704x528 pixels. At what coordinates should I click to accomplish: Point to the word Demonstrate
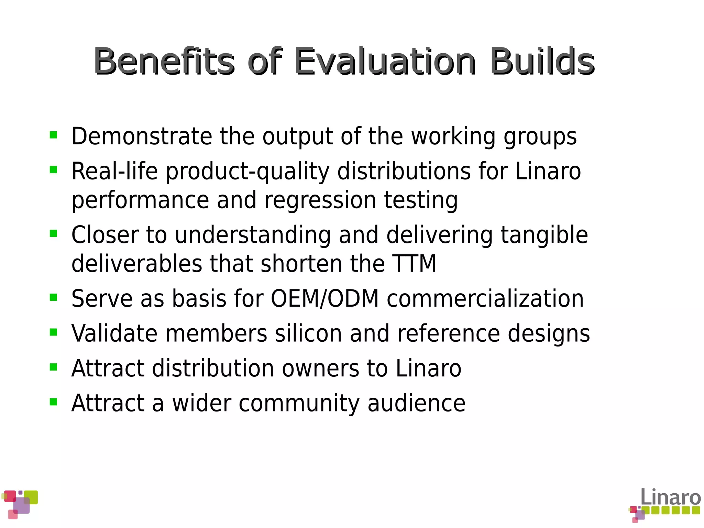click(x=142, y=136)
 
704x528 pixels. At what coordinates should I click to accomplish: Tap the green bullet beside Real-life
click(x=53, y=169)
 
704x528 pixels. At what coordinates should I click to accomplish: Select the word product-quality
click(x=247, y=172)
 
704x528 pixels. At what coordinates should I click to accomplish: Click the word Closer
click(x=104, y=235)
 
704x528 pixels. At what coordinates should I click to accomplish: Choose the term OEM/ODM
click(x=324, y=298)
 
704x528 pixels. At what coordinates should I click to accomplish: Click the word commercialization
click(x=485, y=298)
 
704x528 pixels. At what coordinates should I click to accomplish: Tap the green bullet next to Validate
click(x=53, y=332)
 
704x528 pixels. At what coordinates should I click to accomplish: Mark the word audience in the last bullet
click(x=416, y=403)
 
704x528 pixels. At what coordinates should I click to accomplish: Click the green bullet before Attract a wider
click(x=53, y=401)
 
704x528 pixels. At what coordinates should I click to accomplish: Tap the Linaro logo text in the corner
click(x=670, y=497)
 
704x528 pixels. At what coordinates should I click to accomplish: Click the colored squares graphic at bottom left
click(x=20, y=504)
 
